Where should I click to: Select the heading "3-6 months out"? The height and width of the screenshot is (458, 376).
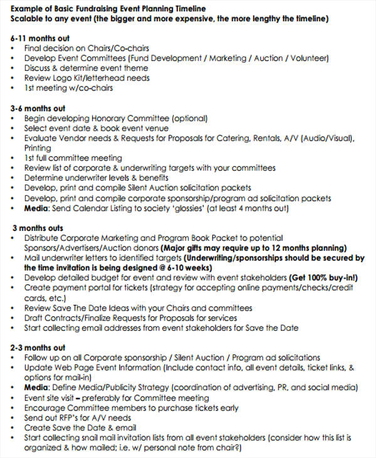38,108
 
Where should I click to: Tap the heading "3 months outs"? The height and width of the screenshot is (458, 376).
38,228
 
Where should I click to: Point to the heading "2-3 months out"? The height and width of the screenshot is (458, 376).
38,348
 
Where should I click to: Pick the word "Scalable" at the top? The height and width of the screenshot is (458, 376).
28,18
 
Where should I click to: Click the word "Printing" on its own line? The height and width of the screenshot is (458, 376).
38,148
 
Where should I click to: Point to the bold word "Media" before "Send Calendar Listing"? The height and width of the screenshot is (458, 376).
36,208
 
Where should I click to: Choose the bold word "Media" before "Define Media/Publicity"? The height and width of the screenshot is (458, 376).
36,388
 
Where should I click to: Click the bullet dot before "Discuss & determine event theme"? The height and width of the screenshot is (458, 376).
14,68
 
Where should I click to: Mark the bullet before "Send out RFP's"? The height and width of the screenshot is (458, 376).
14,418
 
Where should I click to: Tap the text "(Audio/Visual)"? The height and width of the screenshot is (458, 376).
326,138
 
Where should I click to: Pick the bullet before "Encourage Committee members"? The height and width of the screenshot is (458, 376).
14,408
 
